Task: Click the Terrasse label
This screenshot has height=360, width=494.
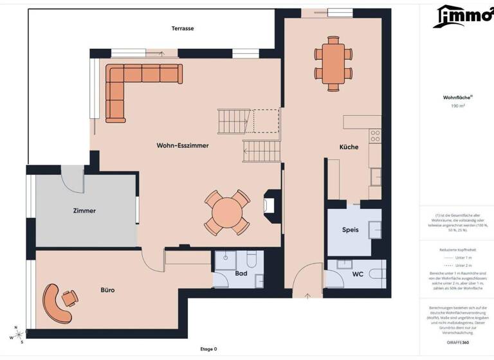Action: pos(183,28)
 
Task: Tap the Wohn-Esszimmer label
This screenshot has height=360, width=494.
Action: pos(183,146)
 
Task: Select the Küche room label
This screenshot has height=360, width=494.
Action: pos(349,147)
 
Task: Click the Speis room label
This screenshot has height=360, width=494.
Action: pos(350,230)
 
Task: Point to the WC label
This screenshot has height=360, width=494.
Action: pos(358,274)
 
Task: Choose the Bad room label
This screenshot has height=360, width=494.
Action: pos(241,274)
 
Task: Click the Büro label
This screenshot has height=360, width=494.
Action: pos(107,291)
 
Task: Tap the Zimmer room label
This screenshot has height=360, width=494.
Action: pos(84,211)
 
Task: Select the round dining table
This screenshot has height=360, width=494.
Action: pos(226,212)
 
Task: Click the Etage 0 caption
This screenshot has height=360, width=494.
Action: pos(208,349)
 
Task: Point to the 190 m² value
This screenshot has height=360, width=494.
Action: pos(457,105)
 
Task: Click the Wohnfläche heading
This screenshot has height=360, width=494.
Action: pos(457,98)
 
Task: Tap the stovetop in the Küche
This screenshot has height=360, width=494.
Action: pos(375,136)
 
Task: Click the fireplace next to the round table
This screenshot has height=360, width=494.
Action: pos(271,206)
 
